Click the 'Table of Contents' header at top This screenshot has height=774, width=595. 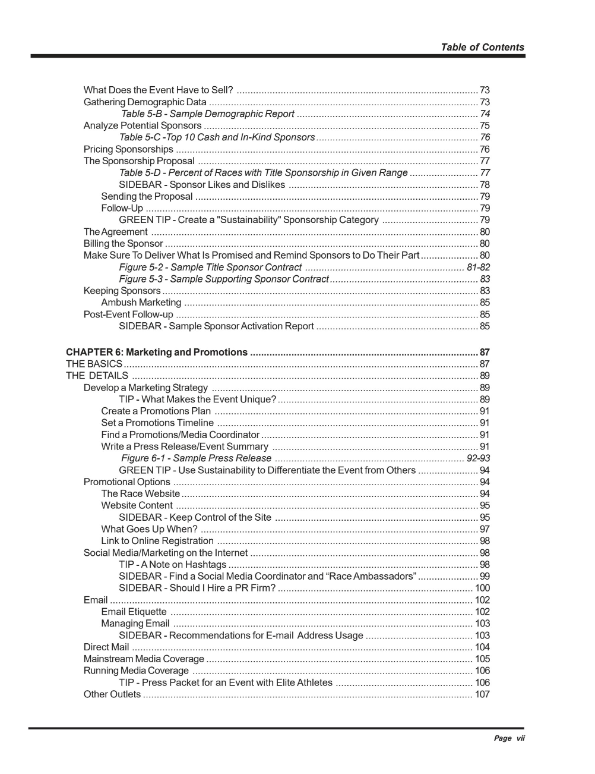[x=482, y=48]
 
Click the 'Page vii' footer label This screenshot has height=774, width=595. [x=509, y=738]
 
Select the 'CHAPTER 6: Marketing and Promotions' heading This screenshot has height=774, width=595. [x=157, y=353]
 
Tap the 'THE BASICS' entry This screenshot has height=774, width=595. [x=94, y=364]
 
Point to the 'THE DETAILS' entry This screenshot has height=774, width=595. [x=97, y=376]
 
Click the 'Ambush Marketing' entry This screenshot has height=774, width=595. [x=141, y=303]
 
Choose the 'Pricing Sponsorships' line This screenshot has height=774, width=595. [x=128, y=149]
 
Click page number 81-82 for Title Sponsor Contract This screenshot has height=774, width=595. [x=478, y=268]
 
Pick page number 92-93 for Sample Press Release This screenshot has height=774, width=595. [x=478, y=458]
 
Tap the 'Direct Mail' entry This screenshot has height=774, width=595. [x=106, y=647]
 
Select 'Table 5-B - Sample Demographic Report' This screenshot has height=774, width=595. [x=208, y=114]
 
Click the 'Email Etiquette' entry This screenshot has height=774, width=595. [x=134, y=612]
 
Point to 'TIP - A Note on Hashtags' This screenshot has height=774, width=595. [x=172, y=565]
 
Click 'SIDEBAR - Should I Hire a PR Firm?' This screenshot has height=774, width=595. [x=197, y=588]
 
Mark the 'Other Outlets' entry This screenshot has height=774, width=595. [x=112, y=694]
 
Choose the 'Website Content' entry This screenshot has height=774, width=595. [x=137, y=506]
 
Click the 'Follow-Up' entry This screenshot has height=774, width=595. [x=122, y=209]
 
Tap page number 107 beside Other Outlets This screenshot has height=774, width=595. [x=482, y=694]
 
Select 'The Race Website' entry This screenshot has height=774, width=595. [x=140, y=494]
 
